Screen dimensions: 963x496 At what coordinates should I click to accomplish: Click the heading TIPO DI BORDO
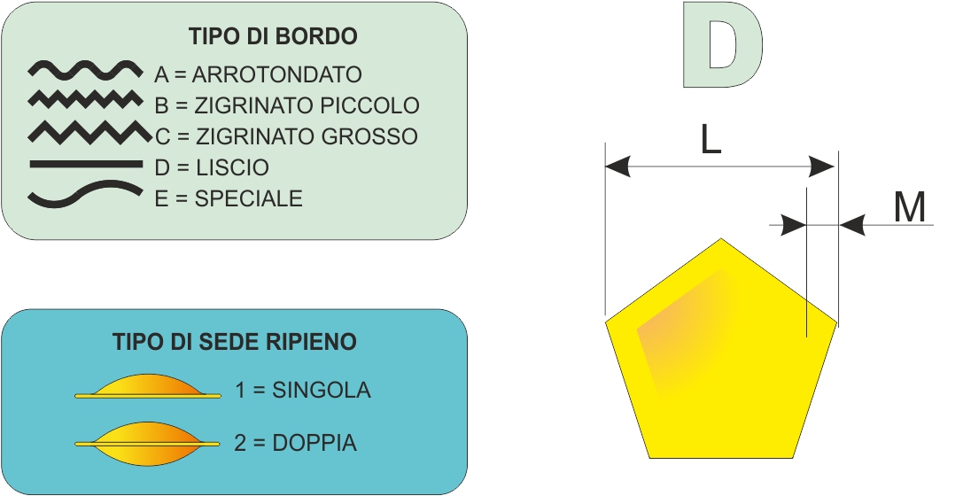coord(273,36)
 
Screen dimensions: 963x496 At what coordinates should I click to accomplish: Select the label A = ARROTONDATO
coord(258,74)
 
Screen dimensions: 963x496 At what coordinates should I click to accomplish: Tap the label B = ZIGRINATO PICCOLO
coord(287,105)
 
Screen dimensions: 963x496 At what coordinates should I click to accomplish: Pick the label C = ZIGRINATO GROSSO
coord(286,136)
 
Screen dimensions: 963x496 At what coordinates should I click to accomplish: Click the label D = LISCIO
coord(212,167)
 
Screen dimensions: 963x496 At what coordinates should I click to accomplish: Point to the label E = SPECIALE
coord(229,198)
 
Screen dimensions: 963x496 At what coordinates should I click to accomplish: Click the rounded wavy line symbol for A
coord(85,71)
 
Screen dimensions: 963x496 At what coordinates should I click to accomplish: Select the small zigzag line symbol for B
coord(85,99)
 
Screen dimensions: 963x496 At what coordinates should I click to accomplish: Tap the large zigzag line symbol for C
coord(89,133)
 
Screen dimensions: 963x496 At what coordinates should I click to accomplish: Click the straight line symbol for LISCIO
coord(86,165)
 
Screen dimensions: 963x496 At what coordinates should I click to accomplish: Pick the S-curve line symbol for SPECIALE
coord(85,193)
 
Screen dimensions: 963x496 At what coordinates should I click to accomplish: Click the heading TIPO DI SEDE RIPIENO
coord(235,341)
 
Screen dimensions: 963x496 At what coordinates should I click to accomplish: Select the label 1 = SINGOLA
coord(303,390)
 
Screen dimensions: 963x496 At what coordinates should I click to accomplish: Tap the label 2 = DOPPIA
coord(295,443)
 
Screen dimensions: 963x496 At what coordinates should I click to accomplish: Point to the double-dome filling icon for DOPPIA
coord(147,443)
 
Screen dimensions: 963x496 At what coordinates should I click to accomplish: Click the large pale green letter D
coord(723,45)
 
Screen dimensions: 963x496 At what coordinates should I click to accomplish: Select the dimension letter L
coord(711,141)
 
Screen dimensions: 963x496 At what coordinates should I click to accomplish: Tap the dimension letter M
coord(910,207)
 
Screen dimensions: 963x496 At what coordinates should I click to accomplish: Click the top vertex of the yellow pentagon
coord(721,239)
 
